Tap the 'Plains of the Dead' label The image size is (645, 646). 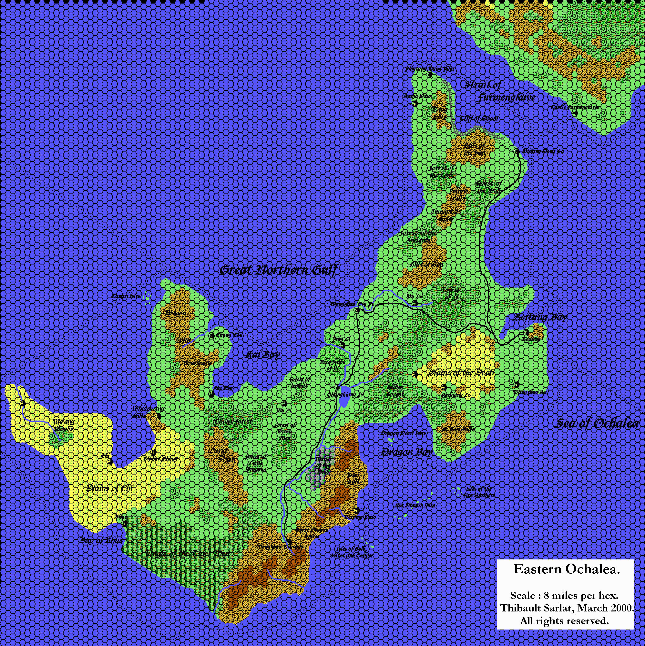tap(462, 372)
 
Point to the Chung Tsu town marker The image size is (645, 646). tap(211, 335)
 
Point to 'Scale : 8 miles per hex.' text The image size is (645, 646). tap(566, 596)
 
